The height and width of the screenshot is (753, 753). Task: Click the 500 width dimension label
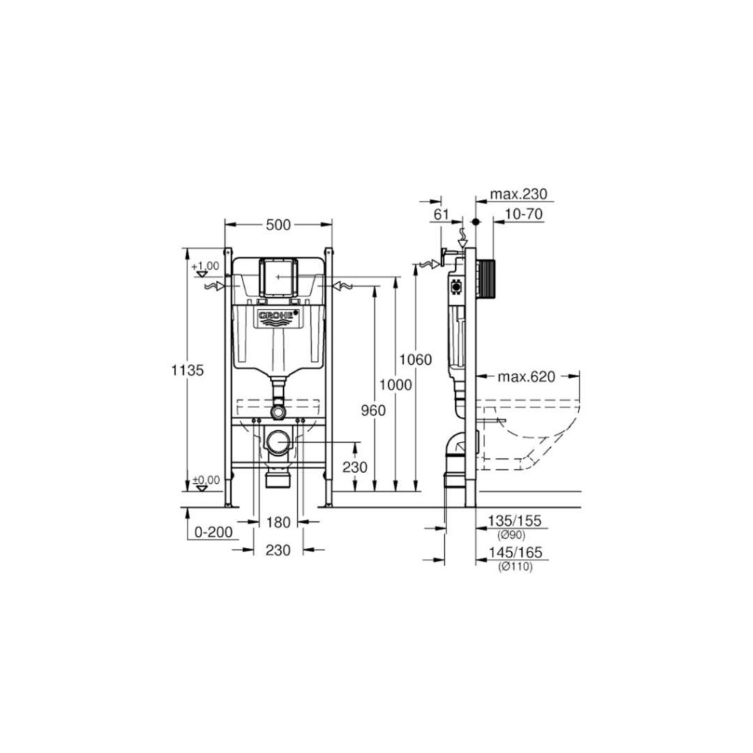click(x=278, y=224)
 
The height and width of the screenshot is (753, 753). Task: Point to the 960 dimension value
click(x=374, y=410)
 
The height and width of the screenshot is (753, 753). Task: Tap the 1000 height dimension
click(x=396, y=385)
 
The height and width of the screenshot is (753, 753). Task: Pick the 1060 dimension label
click(x=415, y=360)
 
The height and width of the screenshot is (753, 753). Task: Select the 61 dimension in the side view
click(x=441, y=214)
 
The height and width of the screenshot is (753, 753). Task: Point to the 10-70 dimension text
click(x=524, y=214)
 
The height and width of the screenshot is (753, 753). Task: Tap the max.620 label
click(x=525, y=377)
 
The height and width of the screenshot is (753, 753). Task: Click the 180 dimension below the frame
click(x=278, y=522)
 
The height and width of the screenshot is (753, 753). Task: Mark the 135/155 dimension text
click(x=515, y=521)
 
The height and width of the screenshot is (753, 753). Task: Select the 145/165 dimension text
click(x=515, y=552)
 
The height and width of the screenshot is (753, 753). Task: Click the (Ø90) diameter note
click(x=513, y=535)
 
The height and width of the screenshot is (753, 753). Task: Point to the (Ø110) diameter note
click(x=515, y=566)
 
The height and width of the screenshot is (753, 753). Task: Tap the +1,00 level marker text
click(x=205, y=265)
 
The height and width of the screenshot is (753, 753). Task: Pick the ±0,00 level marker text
click(x=206, y=480)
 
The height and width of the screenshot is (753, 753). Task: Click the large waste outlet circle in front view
click(x=278, y=441)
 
